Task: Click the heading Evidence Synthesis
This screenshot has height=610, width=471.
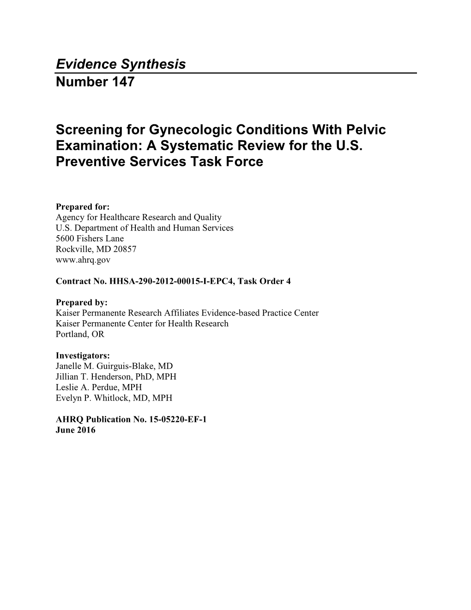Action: tap(121, 64)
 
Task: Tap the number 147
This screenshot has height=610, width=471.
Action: tap(121, 82)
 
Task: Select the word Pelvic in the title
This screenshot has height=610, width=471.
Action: tap(368, 129)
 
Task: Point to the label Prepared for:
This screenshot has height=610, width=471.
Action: tap(82, 207)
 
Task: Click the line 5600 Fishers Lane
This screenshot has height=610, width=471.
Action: tap(90, 238)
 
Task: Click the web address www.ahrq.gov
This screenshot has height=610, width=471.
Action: tap(83, 260)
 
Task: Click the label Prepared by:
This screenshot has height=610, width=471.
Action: tap(81, 302)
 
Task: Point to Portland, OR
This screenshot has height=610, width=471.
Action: tap(80, 334)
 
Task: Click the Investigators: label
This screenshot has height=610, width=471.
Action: tap(83, 355)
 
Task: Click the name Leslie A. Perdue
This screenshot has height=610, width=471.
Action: tap(88, 387)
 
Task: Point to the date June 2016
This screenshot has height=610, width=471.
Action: tap(75, 430)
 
